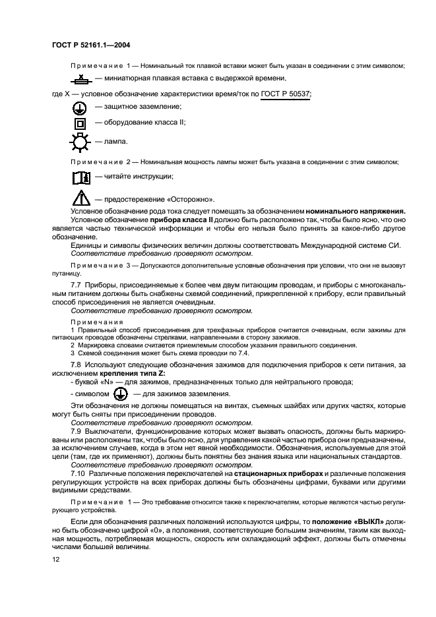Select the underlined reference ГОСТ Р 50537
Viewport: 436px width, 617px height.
click(286, 94)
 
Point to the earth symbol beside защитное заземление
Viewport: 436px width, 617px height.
click(79, 107)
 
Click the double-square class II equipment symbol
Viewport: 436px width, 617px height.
click(79, 123)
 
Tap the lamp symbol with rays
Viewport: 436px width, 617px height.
click(79, 141)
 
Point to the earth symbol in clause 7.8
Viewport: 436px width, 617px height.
click(119, 394)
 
